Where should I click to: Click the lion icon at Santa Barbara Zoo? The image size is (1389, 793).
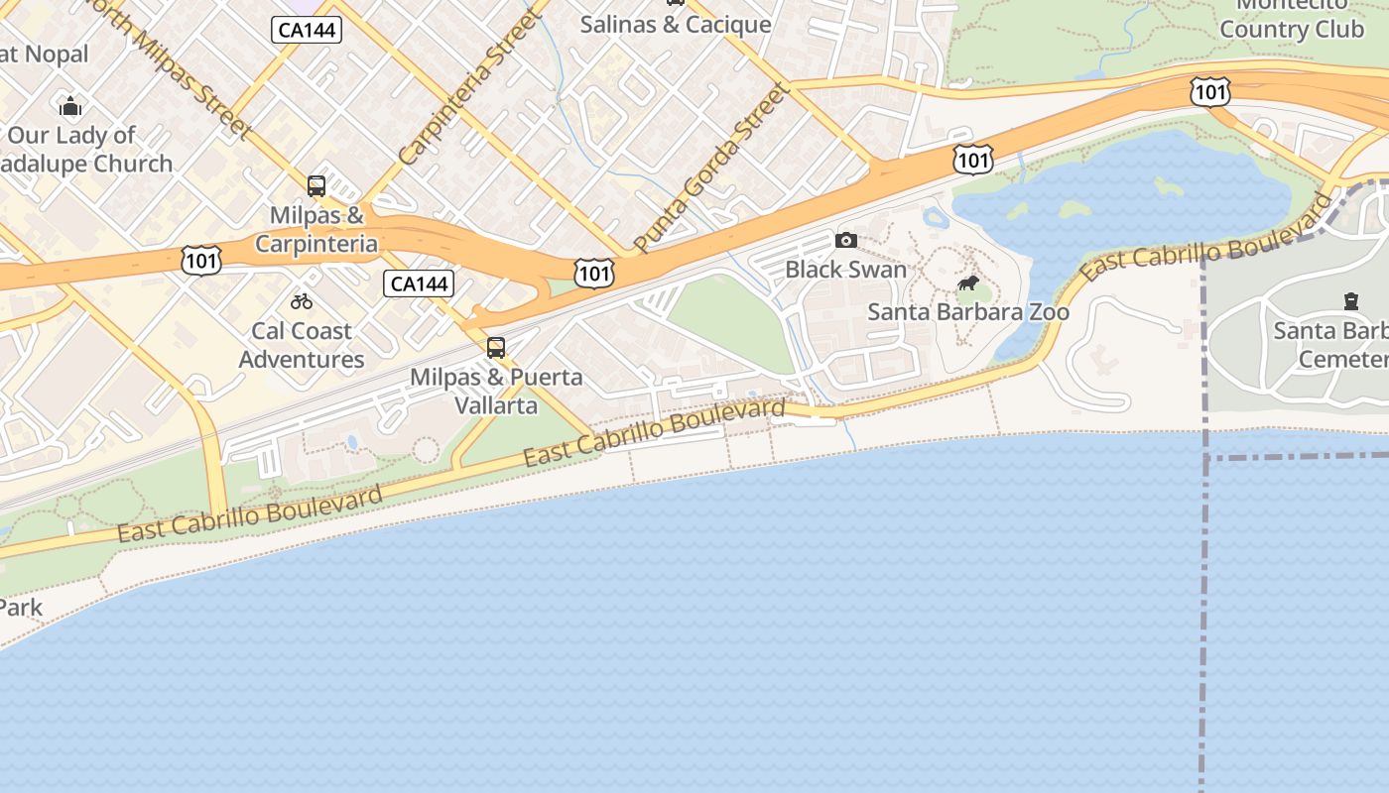tap(968, 284)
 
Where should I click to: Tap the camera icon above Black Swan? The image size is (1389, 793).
tap(846, 240)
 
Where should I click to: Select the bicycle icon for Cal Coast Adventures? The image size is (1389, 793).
tap(302, 301)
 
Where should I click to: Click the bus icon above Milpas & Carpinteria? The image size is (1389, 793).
tap(316, 185)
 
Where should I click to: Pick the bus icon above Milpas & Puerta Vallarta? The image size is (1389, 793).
tap(496, 348)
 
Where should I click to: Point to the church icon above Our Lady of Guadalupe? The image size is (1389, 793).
tap(70, 106)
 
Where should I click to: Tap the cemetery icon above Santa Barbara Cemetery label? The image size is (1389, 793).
tap(1350, 300)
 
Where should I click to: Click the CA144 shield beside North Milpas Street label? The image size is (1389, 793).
tap(307, 30)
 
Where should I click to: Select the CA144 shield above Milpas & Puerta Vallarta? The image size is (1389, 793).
tap(419, 284)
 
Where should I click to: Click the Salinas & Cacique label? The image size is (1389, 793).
tap(676, 25)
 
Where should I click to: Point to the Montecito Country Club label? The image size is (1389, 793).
tap(1291, 20)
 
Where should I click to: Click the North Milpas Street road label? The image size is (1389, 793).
tap(169, 64)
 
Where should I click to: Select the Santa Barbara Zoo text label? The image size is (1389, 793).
tap(968, 312)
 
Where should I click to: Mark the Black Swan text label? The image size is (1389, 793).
tap(845, 270)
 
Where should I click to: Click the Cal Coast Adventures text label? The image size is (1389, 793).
tap(302, 345)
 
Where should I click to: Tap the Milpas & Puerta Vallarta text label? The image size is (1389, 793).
tap(496, 391)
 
